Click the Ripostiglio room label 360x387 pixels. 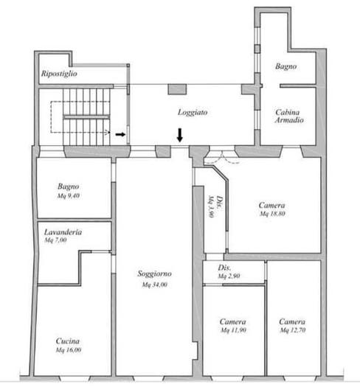[59, 74]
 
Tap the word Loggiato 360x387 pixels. [193, 112]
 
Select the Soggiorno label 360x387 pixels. [154, 273]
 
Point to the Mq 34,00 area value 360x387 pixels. [154, 285]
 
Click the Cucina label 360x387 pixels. [68, 341]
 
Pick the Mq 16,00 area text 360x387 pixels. [69, 350]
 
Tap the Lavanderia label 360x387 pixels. [63, 232]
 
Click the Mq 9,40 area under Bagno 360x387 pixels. [69, 196]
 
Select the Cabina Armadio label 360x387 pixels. [289, 116]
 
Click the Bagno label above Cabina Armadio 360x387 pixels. [286, 66]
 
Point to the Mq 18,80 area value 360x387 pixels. [272, 214]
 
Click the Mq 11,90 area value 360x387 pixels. [234, 330]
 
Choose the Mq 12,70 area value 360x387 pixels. [293, 330]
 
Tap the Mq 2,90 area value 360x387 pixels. [229, 276]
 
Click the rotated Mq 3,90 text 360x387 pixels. [211, 206]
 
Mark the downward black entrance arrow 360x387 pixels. [180, 135]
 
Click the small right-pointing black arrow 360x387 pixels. [120, 134]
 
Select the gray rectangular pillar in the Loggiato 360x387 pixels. [177, 89]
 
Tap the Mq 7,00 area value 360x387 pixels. [55, 240]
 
